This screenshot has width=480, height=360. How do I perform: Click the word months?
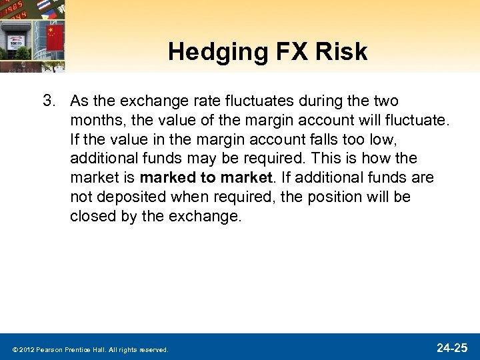93,121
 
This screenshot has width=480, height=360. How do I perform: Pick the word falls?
306,140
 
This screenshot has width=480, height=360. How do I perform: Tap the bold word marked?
167,179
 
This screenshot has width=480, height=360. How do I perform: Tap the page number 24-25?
452,347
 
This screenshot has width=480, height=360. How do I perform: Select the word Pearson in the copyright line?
49,349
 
